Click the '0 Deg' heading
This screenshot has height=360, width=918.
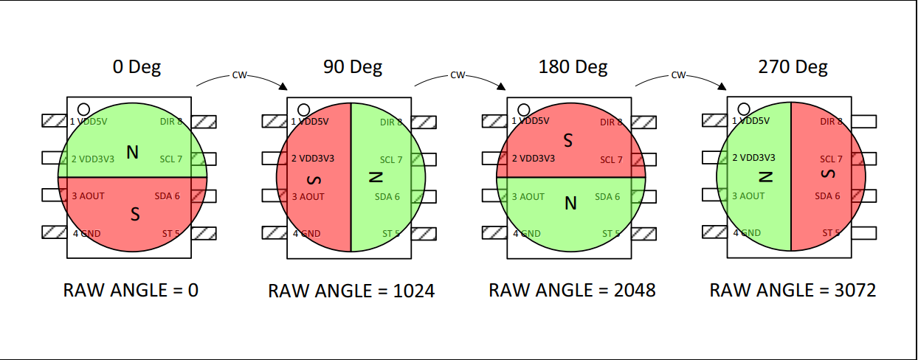tap(137, 67)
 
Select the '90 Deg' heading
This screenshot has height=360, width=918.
tap(353, 67)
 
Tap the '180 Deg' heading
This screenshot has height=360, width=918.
tap(573, 67)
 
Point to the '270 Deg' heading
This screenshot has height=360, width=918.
tap(793, 67)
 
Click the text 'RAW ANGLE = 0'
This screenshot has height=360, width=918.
tap(131, 291)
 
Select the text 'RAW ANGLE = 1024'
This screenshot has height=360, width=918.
tap(351, 291)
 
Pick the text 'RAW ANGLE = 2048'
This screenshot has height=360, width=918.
tap(572, 290)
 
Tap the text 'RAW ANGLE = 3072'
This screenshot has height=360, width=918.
tap(793, 290)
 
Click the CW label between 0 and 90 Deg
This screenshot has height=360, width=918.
tap(239, 75)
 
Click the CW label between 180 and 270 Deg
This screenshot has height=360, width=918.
tap(679, 75)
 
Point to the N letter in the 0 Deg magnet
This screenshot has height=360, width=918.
tap(132, 153)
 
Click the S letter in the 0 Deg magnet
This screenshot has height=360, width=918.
tap(134, 214)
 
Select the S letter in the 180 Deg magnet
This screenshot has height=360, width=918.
tap(568, 139)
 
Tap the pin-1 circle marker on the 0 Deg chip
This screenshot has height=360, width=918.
tap(83, 108)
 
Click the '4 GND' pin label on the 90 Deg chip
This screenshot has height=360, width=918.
tap(306, 234)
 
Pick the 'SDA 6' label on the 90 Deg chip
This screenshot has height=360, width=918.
tap(387, 197)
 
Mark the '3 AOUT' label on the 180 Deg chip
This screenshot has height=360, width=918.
tap(528, 197)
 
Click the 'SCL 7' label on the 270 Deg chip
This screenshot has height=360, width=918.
tap(831, 159)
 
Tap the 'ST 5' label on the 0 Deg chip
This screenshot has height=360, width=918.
tap(171, 234)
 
